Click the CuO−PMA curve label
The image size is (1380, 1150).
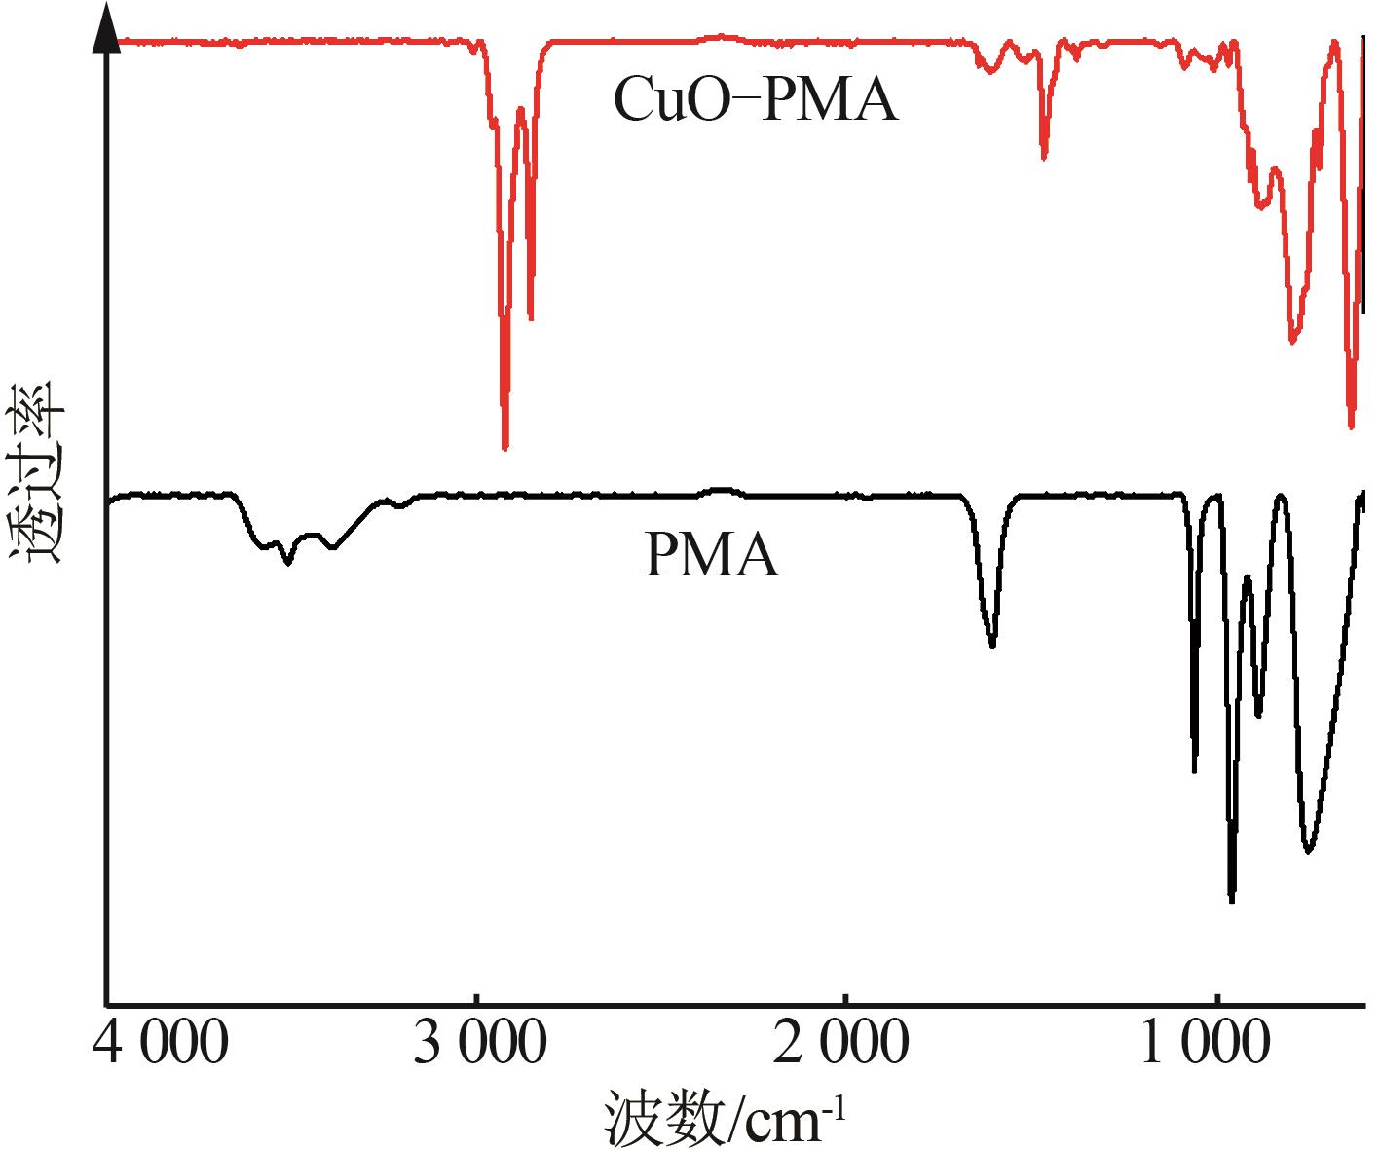[x=755, y=100]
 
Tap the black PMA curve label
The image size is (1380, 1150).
[x=711, y=558]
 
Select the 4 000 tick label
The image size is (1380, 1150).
[x=162, y=1045]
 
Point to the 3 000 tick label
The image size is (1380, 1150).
[x=477, y=1045]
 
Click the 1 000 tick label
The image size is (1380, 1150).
[x=1205, y=1045]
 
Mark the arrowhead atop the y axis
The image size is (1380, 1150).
[x=106, y=29]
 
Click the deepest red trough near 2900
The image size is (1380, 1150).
[x=504, y=446]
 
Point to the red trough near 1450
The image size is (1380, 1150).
[x=1044, y=156]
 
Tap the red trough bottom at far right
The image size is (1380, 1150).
[x=1351, y=426]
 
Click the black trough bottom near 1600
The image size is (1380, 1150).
[x=992, y=645]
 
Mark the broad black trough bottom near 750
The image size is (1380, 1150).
[x=1308, y=850]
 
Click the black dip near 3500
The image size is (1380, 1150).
[x=286, y=561]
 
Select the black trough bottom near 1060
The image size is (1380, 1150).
[x=1195, y=769]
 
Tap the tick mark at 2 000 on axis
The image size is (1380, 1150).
[x=846, y=1000]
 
